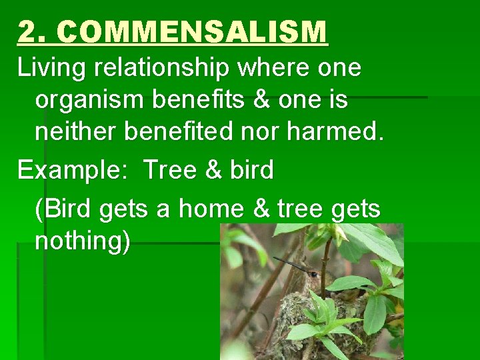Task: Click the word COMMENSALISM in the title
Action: tap(197, 32)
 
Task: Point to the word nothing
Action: tap(82, 241)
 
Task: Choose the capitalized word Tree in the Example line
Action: tap(169, 170)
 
